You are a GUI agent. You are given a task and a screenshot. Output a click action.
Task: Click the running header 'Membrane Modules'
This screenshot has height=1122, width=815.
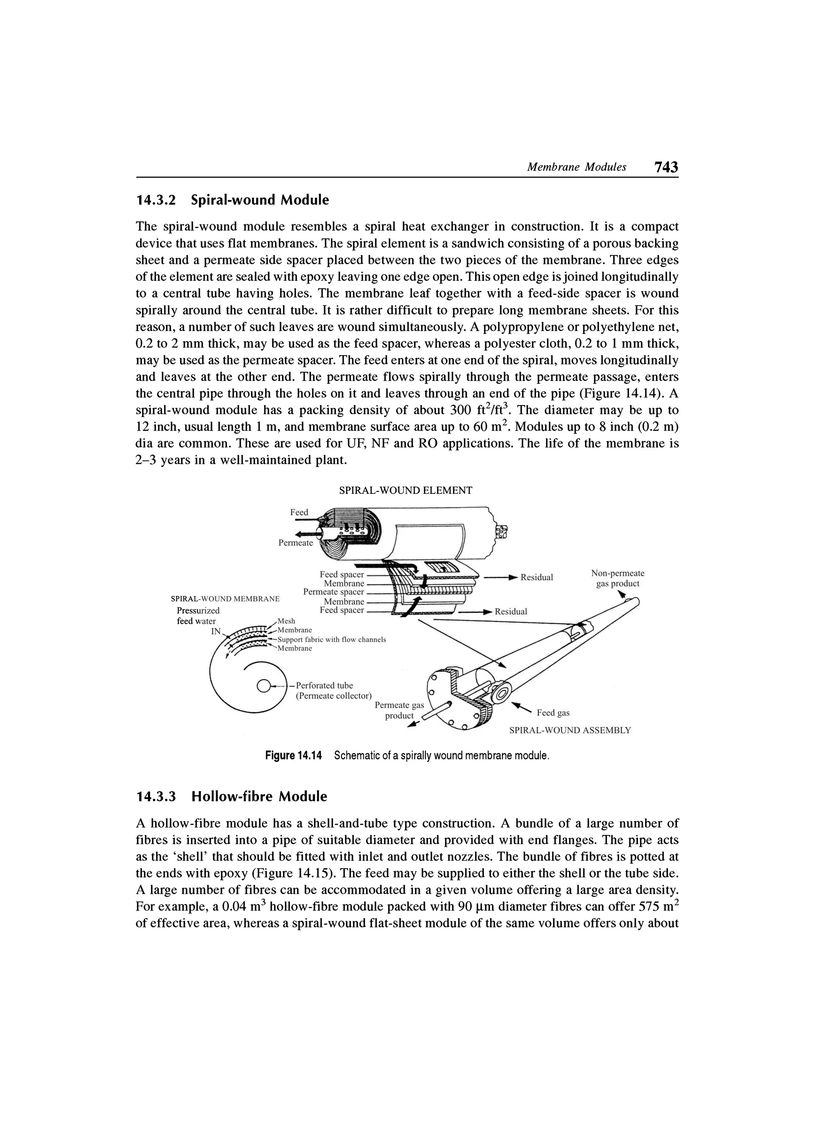tap(576, 167)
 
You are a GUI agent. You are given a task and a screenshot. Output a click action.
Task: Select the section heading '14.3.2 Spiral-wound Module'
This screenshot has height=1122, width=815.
tap(232, 200)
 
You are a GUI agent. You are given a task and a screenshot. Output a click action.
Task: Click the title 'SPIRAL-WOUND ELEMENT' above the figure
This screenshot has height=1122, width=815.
tap(405, 490)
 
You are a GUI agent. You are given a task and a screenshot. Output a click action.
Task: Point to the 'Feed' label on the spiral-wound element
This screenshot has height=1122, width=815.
tap(299, 512)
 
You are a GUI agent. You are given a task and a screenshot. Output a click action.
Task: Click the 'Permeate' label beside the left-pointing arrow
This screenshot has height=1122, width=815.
tap(296, 543)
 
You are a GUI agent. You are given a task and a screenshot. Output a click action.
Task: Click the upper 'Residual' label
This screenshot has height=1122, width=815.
tap(537, 577)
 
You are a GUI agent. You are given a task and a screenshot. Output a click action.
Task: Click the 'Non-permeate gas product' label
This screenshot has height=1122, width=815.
tap(617, 578)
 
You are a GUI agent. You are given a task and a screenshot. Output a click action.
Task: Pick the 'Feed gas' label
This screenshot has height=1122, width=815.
tap(553, 713)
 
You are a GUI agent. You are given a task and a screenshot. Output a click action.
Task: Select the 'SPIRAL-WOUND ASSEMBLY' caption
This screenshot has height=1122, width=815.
tap(570, 730)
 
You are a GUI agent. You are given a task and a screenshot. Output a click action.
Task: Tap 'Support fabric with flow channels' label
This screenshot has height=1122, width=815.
tap(331, 639)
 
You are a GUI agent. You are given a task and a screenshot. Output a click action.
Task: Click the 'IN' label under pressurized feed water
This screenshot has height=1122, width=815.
tap(216, 631)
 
